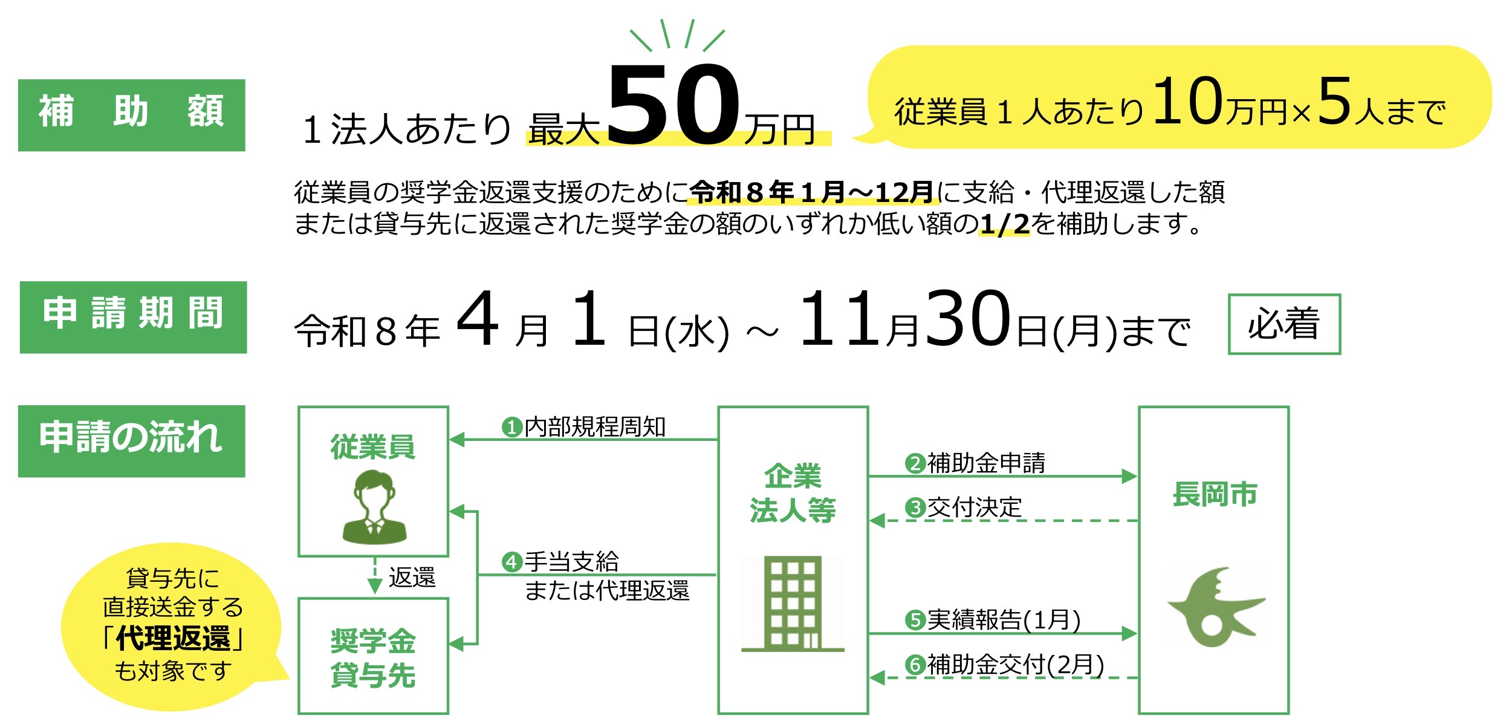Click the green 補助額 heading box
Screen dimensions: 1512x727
[132, 115]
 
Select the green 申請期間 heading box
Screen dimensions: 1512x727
[133, 318]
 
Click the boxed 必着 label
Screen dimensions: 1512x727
[1284, 324]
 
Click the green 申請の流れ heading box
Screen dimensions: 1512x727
[132, 442]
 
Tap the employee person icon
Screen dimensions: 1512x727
[374, 507]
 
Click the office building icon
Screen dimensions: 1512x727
[793, 604]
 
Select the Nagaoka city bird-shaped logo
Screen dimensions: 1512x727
[1215, 607]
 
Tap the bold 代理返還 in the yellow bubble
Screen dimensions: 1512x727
[174, 639]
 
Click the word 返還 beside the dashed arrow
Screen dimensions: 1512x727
[412, 578]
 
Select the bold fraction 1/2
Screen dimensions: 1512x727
[1004, 224]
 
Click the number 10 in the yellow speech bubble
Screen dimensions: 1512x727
[1188, 102]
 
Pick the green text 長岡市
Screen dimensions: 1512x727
[1215, 494]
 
